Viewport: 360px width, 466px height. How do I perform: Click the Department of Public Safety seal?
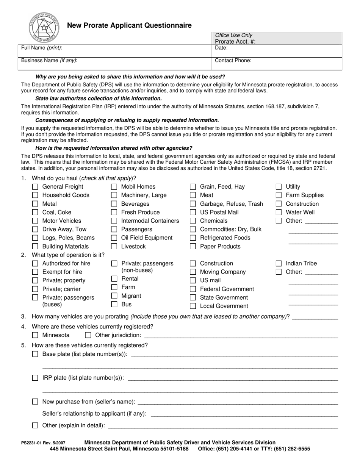coord(44,27)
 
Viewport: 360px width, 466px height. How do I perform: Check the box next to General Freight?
coord(35,187)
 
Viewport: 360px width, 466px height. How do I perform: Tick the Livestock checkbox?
coord(114,247)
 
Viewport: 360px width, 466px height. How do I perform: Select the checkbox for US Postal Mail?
coord(193,213)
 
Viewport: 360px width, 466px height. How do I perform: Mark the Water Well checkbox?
coord(279,213)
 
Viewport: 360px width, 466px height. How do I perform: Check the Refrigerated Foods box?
coord(193,238)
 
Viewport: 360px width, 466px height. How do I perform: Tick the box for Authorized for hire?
coord(35,264)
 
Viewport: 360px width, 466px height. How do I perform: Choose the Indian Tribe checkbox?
coord(279,264)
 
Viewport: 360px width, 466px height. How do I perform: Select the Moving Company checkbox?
coord(193,272)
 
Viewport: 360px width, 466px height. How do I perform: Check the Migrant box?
coord(114,296)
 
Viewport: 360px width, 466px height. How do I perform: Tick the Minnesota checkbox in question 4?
coord(35,335)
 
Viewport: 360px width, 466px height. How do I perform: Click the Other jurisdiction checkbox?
coord(88,335)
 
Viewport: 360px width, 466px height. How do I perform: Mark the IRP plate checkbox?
coord(35,378)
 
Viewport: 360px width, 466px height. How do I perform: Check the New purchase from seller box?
coord(35,402)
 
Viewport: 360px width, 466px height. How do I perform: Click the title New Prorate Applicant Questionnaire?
coord(129,26)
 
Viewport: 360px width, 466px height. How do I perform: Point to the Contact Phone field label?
coord(233,60)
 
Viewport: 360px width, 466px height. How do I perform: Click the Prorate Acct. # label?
coord(235,42)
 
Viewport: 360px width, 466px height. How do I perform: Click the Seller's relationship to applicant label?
coord(94,414)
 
